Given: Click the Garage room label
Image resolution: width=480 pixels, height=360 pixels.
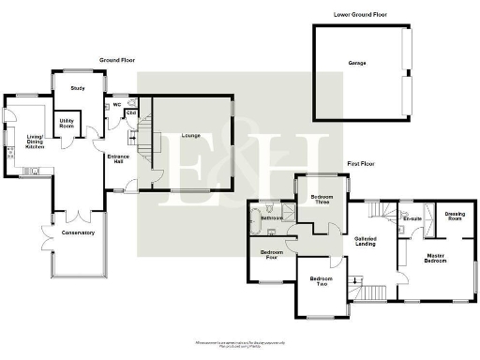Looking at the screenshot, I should click(357, 64).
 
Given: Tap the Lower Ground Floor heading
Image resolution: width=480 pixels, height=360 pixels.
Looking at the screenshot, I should click(359, 15).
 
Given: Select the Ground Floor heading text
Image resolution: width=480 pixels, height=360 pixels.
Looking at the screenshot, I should click(119, 60).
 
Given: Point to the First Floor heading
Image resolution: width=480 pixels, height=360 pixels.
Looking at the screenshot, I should click(360, 163).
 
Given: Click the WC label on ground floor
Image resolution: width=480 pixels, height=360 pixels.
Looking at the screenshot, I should click(117, 105).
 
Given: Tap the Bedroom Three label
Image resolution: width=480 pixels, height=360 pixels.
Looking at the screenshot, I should click(321, 199).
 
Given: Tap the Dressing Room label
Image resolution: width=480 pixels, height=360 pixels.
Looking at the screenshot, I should click(455, 217).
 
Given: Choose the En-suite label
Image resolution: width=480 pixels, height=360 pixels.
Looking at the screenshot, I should click(412, 219).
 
